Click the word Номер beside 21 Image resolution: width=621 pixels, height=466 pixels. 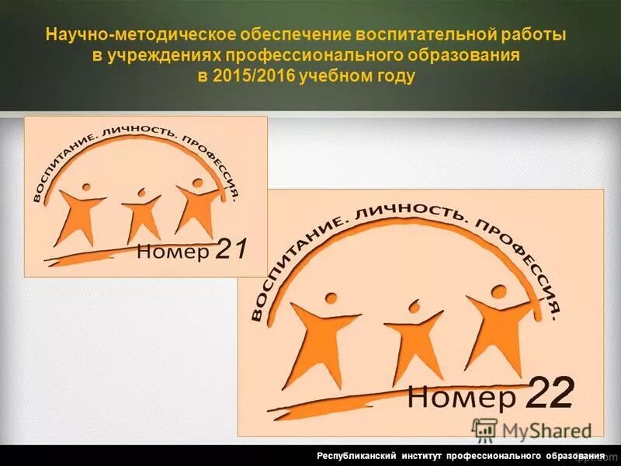pos(173,252)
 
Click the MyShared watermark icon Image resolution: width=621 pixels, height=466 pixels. pos(484,429)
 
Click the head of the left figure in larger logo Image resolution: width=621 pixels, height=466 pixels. pos(331,297)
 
